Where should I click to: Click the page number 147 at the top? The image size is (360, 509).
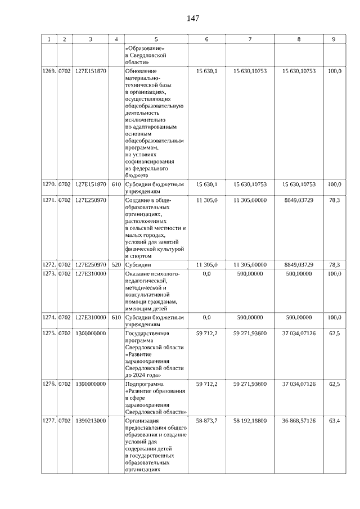click(193, 18)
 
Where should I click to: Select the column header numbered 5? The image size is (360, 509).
click(156, 39)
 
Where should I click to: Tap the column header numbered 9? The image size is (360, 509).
click(334, 39)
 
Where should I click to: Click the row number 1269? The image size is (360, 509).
click(49, 71)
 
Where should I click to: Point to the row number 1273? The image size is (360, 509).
click(49, 273)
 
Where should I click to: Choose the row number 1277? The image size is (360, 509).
click(49, 420)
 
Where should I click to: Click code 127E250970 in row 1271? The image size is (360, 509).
click(91, 200)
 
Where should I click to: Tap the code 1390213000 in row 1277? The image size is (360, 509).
click(91, 420)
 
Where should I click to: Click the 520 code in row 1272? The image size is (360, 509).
click(116, 264)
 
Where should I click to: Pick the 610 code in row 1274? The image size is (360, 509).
click(116, 317)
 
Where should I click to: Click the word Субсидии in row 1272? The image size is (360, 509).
click(138, 264)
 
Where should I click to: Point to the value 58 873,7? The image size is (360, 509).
click(206, 420)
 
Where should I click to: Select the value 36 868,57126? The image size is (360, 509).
click(299, 420)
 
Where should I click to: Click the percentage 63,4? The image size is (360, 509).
click(335, 420)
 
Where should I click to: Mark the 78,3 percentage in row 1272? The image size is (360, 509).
click(335, 264)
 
